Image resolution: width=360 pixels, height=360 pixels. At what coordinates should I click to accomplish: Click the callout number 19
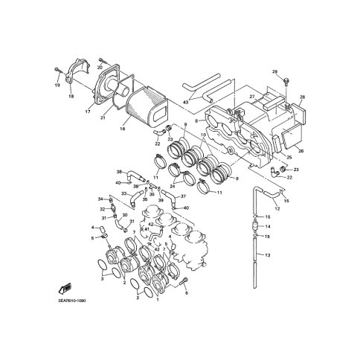[x=57, y=86]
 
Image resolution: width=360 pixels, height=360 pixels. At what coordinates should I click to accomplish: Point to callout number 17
[x=87, y=112]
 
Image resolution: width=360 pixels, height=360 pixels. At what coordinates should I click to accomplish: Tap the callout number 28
[x=302, y=97]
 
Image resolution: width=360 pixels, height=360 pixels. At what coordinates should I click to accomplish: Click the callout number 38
[x=118, y=172]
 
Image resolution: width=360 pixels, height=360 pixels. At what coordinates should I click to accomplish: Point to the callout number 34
[x=99, y=199]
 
